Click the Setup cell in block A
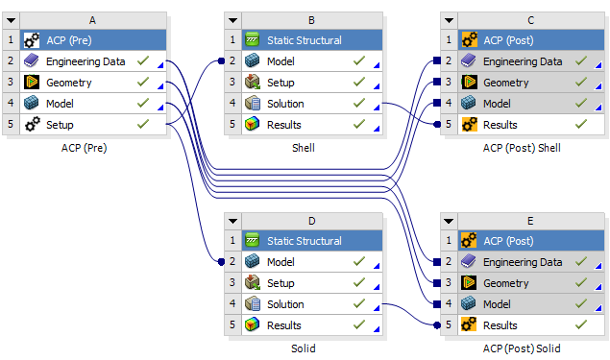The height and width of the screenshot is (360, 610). coord(60,125)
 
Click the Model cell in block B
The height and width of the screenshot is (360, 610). coord(281,61)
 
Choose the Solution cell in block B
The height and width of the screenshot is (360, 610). coord(285,104)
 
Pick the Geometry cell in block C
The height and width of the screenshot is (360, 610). coord(505,83)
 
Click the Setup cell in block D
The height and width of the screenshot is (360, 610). coord(281,283)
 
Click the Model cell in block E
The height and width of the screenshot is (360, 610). coord(497,304)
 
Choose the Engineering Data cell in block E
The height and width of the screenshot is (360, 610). coord(523,262)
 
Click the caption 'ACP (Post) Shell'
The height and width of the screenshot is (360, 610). coord(522,148)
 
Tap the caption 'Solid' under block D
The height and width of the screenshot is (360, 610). coord(303,348)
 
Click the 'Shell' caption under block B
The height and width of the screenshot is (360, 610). coord(303,148)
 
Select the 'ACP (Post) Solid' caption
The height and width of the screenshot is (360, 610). coord(522,348)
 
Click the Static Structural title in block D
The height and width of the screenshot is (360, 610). coord(304,241)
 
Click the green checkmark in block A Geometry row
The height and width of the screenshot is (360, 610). coord(142,83)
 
